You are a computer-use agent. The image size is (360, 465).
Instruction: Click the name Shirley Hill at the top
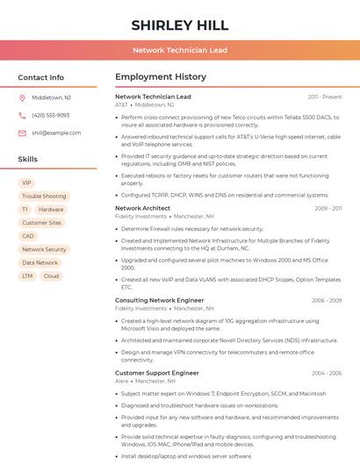point(180,25)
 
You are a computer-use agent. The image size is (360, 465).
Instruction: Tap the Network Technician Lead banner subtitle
point(180,50)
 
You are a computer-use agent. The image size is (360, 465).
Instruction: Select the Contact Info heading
point(40,77)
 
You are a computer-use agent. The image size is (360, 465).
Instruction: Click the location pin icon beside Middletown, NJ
point(22,97)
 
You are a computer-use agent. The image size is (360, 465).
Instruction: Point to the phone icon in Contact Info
point(22,115)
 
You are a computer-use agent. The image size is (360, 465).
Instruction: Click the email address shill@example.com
point(56,132)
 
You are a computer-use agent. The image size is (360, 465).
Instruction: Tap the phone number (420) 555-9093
point(50,115)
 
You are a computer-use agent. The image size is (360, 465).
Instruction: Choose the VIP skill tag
point(26,183)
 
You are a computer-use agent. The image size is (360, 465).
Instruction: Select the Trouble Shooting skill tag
point(44,197)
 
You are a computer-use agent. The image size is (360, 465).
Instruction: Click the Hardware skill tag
point(51,210)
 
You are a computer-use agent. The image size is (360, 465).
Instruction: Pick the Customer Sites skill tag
point(41,223)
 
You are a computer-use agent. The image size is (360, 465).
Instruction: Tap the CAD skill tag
point(28,236)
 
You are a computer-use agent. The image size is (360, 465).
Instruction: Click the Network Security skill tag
point(44,249)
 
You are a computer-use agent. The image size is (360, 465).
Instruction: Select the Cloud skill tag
point(51,275)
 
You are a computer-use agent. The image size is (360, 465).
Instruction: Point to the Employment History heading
point(161,77)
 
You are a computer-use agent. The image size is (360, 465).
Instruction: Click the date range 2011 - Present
point(325,97)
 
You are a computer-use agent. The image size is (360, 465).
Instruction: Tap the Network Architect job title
point(142,209)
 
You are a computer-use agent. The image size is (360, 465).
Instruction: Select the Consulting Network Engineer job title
point(159,300)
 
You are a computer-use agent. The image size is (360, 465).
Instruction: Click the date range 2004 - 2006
point(327,373)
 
